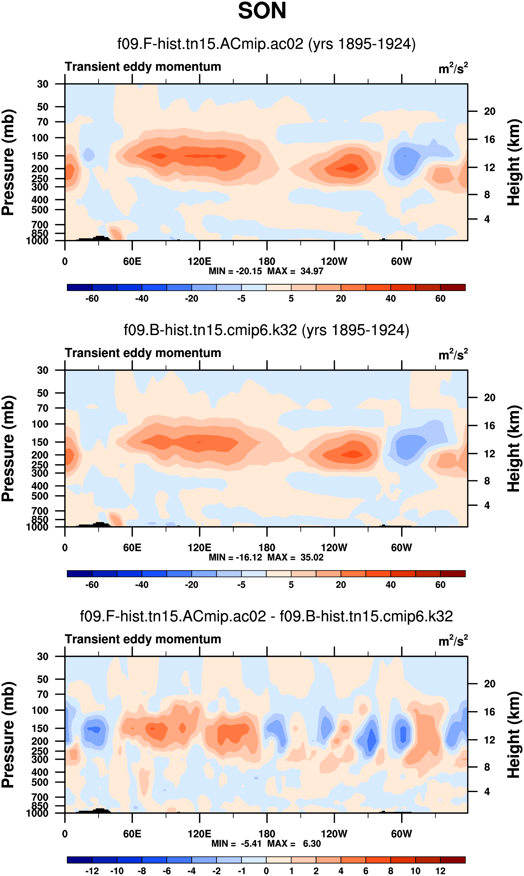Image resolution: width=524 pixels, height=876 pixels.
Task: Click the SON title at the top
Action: pyautogui.click(x=262, y=11)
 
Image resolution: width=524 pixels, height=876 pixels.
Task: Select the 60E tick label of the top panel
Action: pyautogui.click(x=132, y=261)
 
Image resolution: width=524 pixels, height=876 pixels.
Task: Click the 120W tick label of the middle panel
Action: pyautogui.click(x=334, y=548)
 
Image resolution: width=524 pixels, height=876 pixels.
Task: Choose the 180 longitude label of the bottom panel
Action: pyautogui.click(x=267, y=834)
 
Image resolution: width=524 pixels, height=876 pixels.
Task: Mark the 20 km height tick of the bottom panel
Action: pyautogui.click(x=490, y=684)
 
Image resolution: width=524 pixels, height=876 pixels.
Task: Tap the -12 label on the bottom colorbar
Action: pyautogui.click(x=92, y=871)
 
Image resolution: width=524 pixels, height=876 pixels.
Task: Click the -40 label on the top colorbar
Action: pyautogui.click(x=141, y=299)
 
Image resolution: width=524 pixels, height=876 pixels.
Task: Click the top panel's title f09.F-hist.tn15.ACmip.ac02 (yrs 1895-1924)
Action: pyautogui.click(x=266, y=44)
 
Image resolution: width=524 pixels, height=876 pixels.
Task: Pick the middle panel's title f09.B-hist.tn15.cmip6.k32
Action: pyautogui.click(x=266, y=330)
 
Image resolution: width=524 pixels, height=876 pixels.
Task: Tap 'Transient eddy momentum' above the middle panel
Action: pyautogui.click(x=143, y=353)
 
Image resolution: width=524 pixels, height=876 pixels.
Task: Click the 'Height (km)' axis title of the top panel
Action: pyautogui.click(x=514, y=162)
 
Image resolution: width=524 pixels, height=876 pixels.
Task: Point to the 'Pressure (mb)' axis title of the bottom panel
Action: pyautogui.click(x=8, y=735)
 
